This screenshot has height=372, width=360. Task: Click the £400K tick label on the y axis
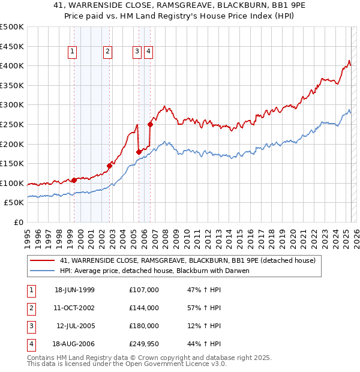coord(13,66)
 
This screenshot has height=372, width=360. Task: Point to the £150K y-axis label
coord(13,163)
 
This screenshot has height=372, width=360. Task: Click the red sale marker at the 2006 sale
coord(150,125)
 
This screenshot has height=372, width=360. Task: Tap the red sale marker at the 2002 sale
coord(110,166)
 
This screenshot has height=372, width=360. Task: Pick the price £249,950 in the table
coord(144,344)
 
